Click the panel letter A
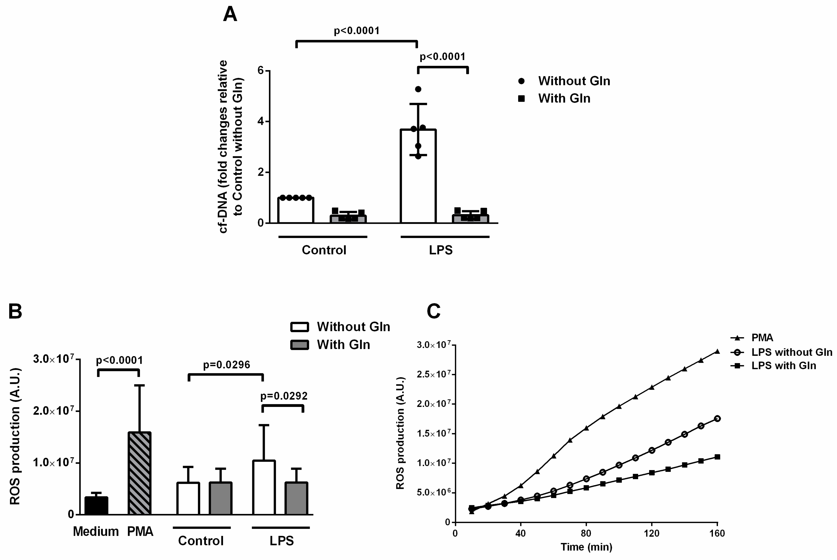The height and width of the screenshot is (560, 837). [x=230, y=15]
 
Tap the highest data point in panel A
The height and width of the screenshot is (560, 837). [x=418, y=89]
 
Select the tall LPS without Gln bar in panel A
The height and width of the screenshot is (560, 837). [x=418, y=179]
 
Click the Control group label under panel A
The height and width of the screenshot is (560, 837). [x=324, y=250]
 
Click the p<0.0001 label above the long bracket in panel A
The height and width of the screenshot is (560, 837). [x=356, y=31]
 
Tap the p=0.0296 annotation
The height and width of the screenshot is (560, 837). [x=226, y=365]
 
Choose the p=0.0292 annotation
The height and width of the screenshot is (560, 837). [x=284, y=396]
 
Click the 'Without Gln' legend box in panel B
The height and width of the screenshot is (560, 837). [x=299, y=327]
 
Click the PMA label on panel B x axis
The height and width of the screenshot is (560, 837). [x=140, y=531]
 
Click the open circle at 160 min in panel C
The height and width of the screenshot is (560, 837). [x=717, y=419]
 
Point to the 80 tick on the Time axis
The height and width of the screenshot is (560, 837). [x=586, y=534]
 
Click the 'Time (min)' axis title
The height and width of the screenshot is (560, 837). [x=586, y=547]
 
